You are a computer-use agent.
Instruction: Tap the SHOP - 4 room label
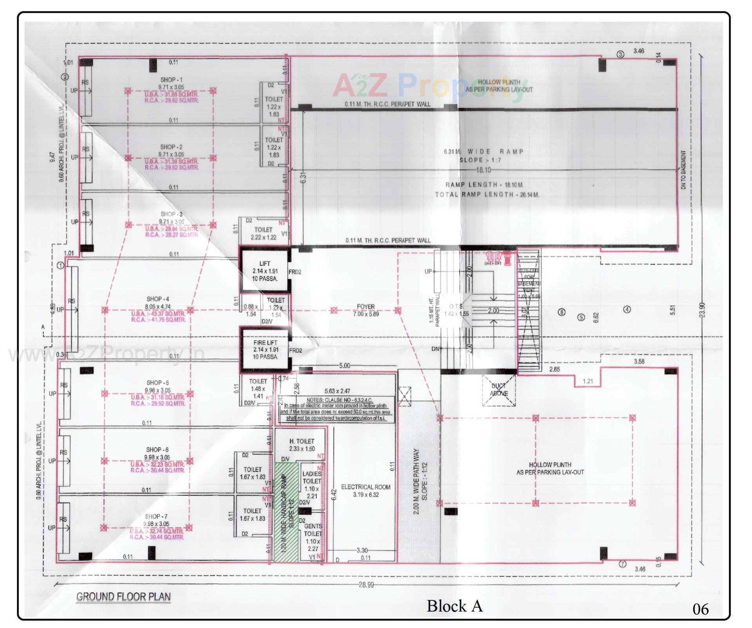(157, 299)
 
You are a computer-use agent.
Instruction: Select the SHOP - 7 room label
(156, 517)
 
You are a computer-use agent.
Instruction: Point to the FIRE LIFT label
(265, 343)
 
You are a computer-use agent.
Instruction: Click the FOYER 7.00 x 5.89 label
(366, 310)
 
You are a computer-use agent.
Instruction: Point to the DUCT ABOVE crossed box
(499, 390)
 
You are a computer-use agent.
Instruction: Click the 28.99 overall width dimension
(366, 585)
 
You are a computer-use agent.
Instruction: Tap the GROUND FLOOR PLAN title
(123, 597)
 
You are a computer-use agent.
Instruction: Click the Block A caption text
(454, 606)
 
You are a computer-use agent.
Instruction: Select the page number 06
(700, 609)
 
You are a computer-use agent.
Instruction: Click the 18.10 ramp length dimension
(483, 170)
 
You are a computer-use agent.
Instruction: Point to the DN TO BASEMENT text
(683, 170)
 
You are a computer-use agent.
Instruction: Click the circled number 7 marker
(622, 564)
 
